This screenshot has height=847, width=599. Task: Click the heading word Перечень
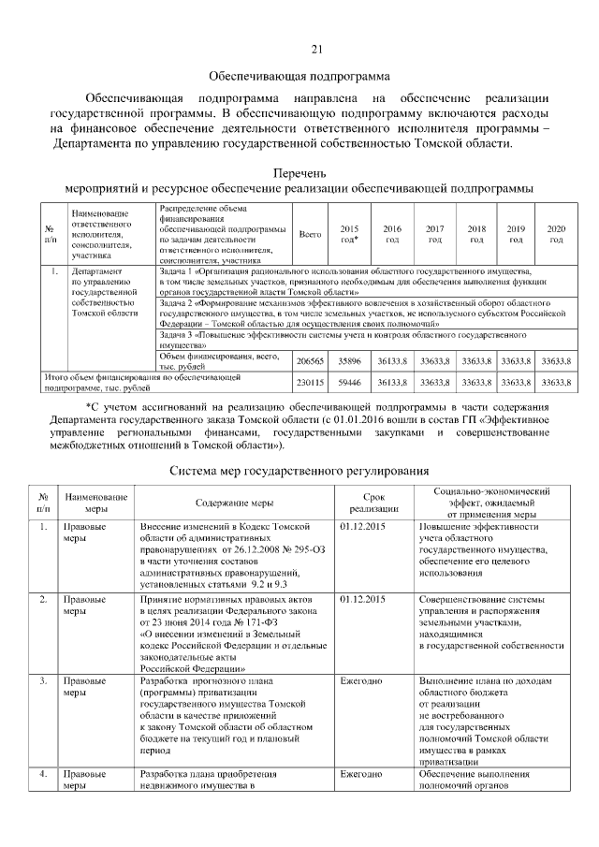[x=299, y=173]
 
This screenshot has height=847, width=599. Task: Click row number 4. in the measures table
[x=44, y=775]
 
